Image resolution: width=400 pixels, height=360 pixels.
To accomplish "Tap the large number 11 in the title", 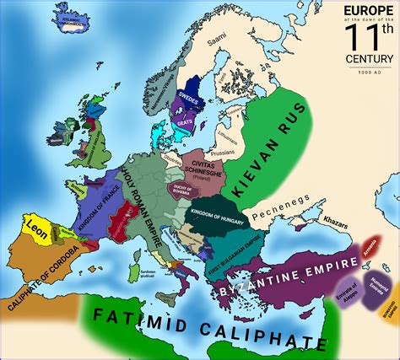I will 368,37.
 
